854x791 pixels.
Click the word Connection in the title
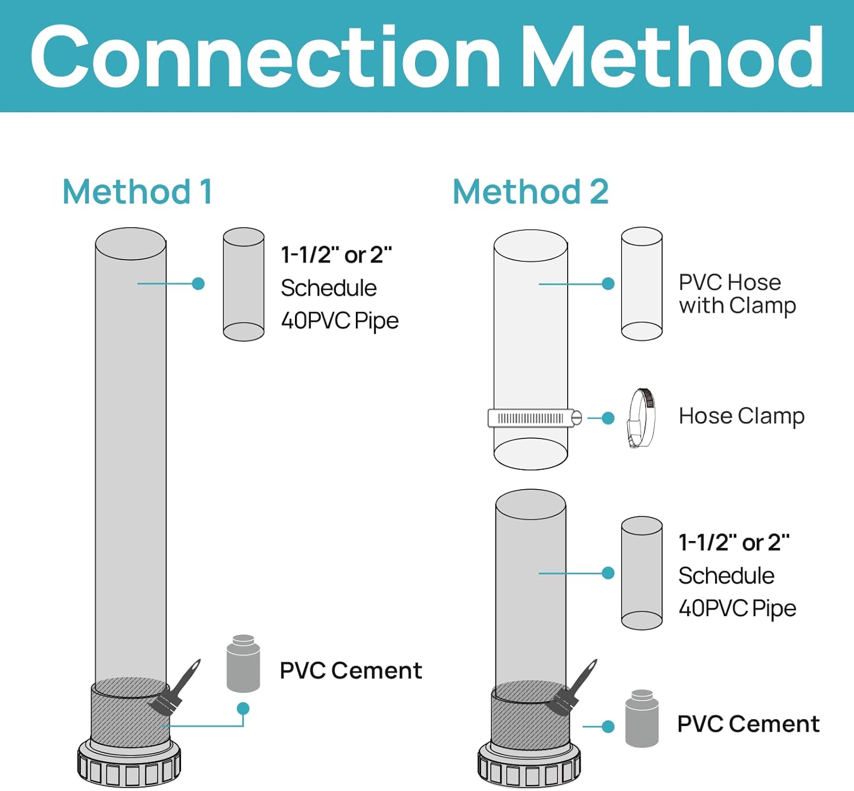click(x=265, y=57)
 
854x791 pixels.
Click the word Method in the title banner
click(x=672, y=57)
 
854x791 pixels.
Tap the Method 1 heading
click(x=137, y=191)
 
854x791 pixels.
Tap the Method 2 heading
click(x=530, y=191)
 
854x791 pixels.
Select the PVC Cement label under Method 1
click(x=351, y=670)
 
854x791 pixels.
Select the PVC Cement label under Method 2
click(x=748, y=724)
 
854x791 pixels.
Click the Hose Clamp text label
click(x=741, y=416)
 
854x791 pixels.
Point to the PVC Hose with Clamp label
click(x=737, y=294)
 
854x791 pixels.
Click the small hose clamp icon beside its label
click(x=641, y=417)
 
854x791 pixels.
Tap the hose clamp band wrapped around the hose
click(x=532, y=418)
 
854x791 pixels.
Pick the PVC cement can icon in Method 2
click(x=642, y=718)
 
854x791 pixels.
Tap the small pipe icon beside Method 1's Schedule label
click(x=244, y=284)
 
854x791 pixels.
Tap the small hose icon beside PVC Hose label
click(x=642, y=284)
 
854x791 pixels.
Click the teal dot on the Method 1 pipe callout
click(x=198, y=284)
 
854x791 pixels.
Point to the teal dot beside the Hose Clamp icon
click(x=608, y=419)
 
